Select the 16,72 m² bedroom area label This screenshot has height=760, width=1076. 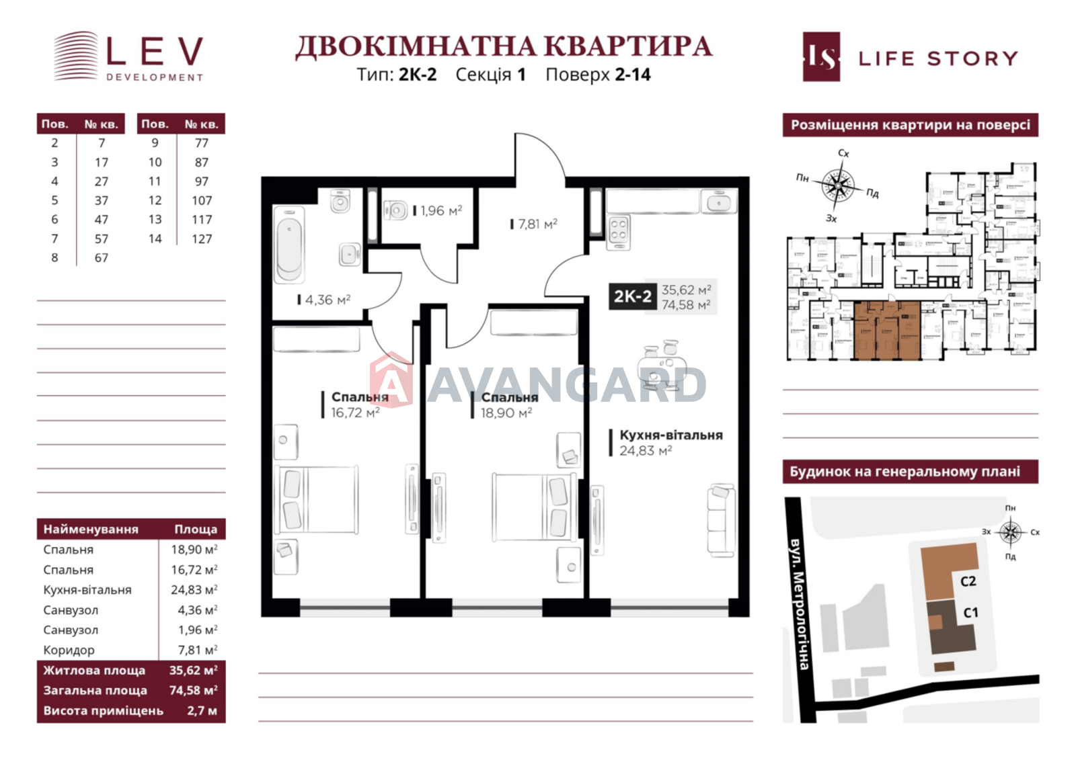pyautogui.click(x=354, y=413)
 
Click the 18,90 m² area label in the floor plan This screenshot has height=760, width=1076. pyautogui.click(x=506, y=413)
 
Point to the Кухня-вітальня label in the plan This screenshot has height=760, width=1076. pyautogui.click(x=670, y=435)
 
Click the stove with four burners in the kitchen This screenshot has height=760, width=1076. pyautogui.click(x=619, y=230)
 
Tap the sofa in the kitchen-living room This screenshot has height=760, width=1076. pyautogui.click(x=720, y=521)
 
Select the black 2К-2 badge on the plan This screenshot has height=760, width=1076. pyautogui.click(x=632, y=296)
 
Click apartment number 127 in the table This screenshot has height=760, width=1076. pyautogui.click(x=201, y=239)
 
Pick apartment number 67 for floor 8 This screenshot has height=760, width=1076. pyautogui.click(x=101, y=257)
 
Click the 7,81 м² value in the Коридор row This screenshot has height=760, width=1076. pyautogui.click(x=197, y=650)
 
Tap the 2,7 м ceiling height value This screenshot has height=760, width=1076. pyautogui.click(x=202, y=710)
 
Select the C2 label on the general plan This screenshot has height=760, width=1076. pyautogui.click(x=968, y=581)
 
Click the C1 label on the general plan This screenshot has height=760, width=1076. pyautogui.click(x=970, y=612)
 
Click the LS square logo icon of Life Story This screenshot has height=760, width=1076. pyautogui.click(x=821, y=57)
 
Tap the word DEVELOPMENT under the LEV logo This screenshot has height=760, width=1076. pyautogui.click(x=155, y=77)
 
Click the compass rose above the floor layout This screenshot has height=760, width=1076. pyautogui.click(x=837, y=185)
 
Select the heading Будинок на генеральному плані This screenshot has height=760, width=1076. pyautogui.click(x=905, y=472)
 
